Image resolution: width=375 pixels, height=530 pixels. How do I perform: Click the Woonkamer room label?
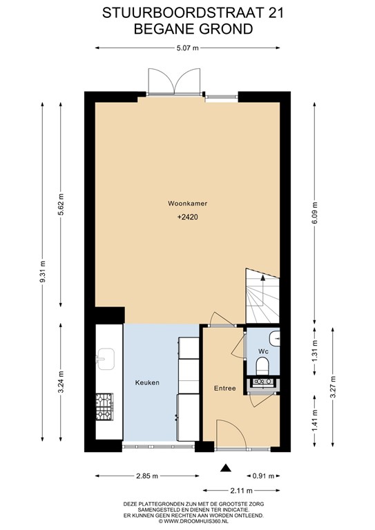188,204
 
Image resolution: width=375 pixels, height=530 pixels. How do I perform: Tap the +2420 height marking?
188,217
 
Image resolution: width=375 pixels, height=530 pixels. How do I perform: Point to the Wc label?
262,351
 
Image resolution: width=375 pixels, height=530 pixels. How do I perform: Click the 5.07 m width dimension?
187,48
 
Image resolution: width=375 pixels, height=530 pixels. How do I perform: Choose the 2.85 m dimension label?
146,476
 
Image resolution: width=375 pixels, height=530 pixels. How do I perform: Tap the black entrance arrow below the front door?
224,469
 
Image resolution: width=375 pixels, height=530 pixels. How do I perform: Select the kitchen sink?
106,357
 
